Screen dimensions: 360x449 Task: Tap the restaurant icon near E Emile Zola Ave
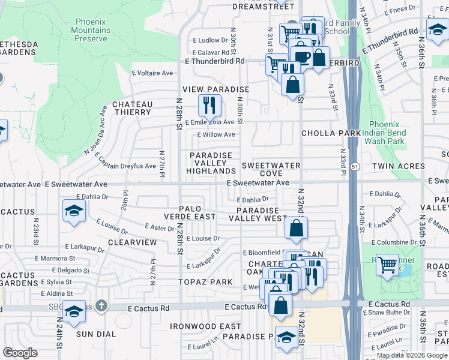pyautogui.click(x=209, y=106)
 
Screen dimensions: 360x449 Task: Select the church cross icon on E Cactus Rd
pyautogui.click(x=101, y=307)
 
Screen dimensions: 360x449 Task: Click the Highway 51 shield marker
pyautogui.click(x=355, y=166)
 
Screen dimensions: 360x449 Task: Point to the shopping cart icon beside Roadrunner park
pyautogui.click(x=388, y=263)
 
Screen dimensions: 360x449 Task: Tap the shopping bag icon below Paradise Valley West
pyautogui.click(x=297, y=228)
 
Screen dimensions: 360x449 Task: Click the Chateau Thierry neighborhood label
pyautogui.click(x=132, y=108)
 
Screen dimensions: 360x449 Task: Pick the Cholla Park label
pyautogui.click(x=331, y=133)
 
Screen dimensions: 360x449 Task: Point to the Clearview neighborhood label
pyautogui.click(x=132, y=242)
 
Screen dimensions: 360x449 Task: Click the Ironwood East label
pyautogui.click(x=205, y=326)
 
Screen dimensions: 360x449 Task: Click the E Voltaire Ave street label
pyautogui.click(x=152, y=73)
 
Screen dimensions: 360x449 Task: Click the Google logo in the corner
pyautogui.click(x=20, y=353)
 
